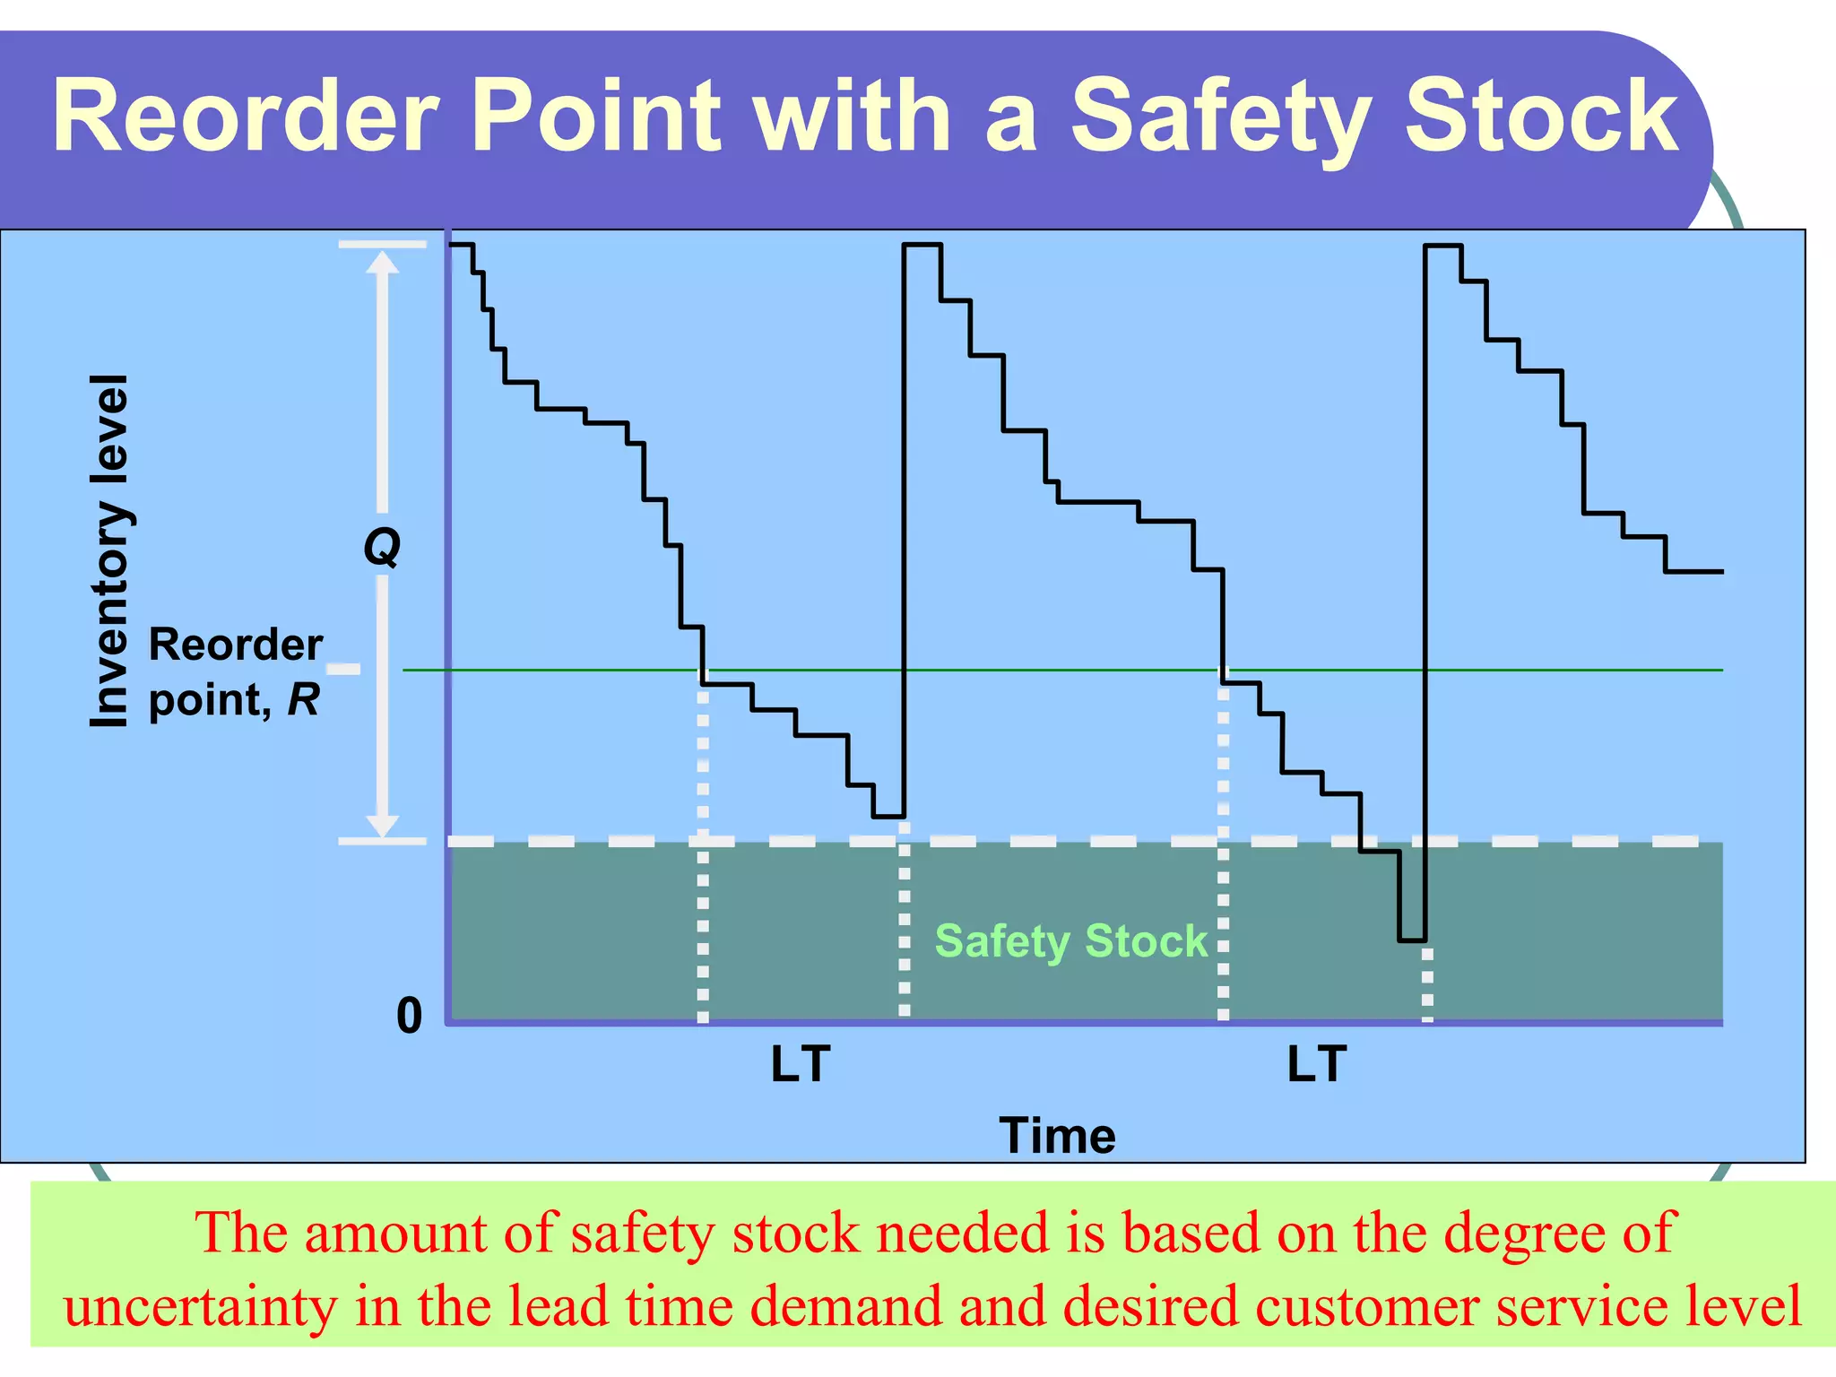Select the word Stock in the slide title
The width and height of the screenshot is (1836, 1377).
tap(1541, 117)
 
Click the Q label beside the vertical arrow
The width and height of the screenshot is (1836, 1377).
tap(382, 546)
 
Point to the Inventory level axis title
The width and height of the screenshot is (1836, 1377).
tap(111, 550)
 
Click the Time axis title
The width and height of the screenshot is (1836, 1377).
tap(1057, 1136)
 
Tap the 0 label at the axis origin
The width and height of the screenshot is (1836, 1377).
tap(409, 1016)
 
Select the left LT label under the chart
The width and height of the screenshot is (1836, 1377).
tap(801, 1064)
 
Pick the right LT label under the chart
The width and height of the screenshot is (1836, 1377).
tap(1317, 1064)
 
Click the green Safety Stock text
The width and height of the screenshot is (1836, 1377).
tap(1071, 941)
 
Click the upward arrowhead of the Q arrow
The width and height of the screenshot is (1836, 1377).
tap(383, 262)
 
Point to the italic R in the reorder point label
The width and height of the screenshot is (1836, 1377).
tap(303, 699)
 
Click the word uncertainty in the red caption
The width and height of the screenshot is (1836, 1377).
tap(200, 1306)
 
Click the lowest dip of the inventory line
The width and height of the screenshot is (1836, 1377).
tap(1412, 940)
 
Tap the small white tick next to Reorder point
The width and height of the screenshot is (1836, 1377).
tap(342, 669)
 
